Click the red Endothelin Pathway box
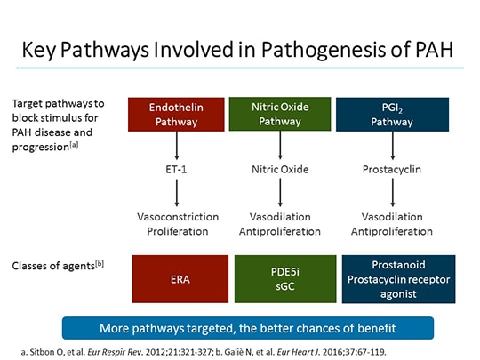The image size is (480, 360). pos(180,113)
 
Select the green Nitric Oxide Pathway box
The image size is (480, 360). pos(281,113)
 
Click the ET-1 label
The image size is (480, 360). pos(180,166)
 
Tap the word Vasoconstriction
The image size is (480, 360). pos(180,216)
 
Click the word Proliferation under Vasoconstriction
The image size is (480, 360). pos(180,231)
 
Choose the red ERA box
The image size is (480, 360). pos(180,278)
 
